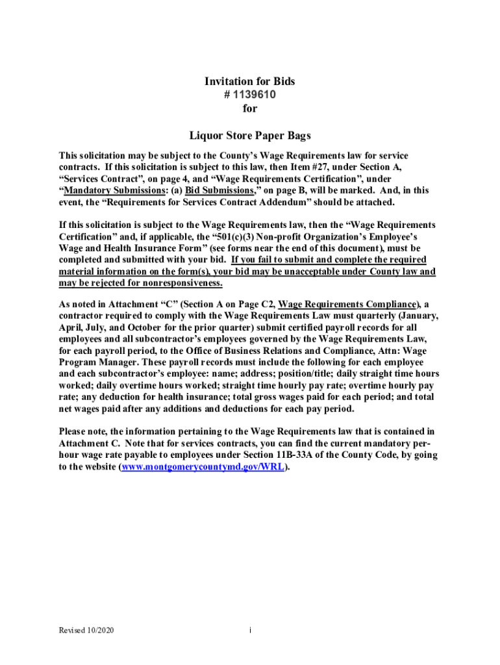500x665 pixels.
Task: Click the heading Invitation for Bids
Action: point(250,81)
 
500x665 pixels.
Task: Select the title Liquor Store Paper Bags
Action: point(250,136)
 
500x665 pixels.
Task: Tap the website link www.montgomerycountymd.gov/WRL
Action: point(203,468)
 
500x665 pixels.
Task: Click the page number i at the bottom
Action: point(250,630)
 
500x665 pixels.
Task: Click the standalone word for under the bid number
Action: point(250,108)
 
